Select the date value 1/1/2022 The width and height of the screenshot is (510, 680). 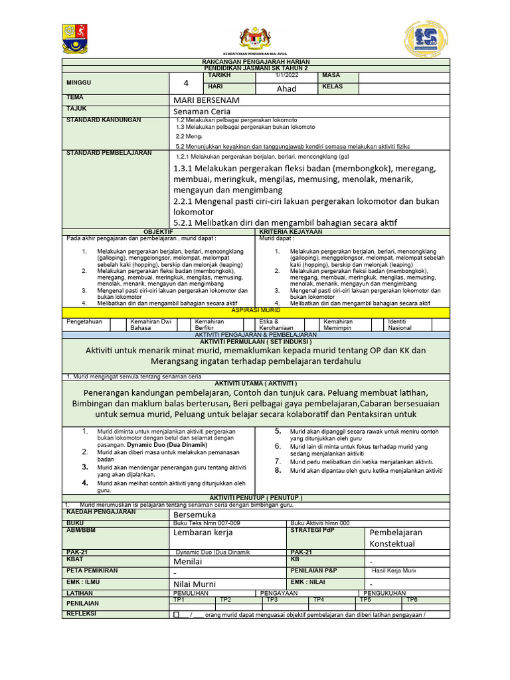click(287, 76)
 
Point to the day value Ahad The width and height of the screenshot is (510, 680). click(286, 88)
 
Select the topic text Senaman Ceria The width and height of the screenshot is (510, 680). click(201, 111)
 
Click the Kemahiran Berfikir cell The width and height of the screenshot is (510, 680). click(209, 324)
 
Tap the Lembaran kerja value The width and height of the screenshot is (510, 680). click(203, 533)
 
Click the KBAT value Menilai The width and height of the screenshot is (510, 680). click(188, 561)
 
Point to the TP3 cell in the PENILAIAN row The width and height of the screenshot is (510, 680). click(272, 599)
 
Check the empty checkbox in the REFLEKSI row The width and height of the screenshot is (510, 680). click(176, 614)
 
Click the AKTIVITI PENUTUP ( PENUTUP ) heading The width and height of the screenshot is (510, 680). click(255, 497)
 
